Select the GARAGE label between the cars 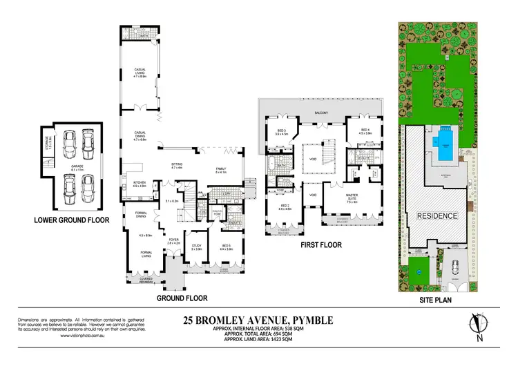click(77, 165)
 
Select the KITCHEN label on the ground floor click(139, 184)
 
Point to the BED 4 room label click(364, 132)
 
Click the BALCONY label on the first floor click(318, 113)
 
